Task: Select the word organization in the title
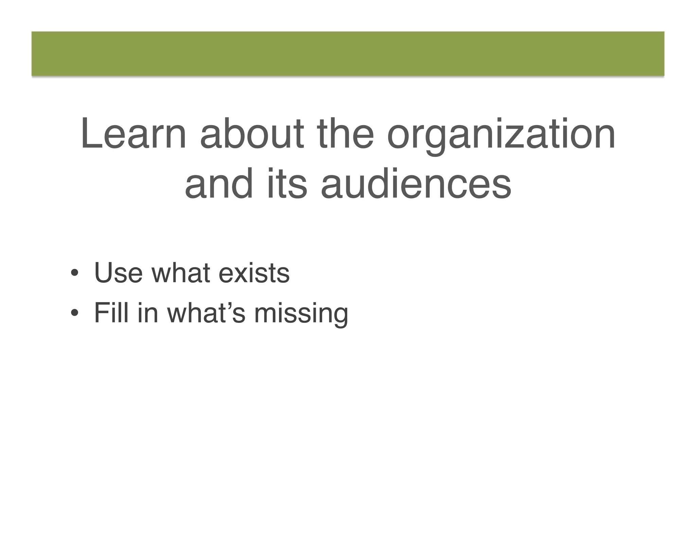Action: point(501,136)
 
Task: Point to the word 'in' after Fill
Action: point(147,313)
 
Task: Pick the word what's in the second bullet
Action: point(206,313)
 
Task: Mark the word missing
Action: point(301,314)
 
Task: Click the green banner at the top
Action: point(348,54)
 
